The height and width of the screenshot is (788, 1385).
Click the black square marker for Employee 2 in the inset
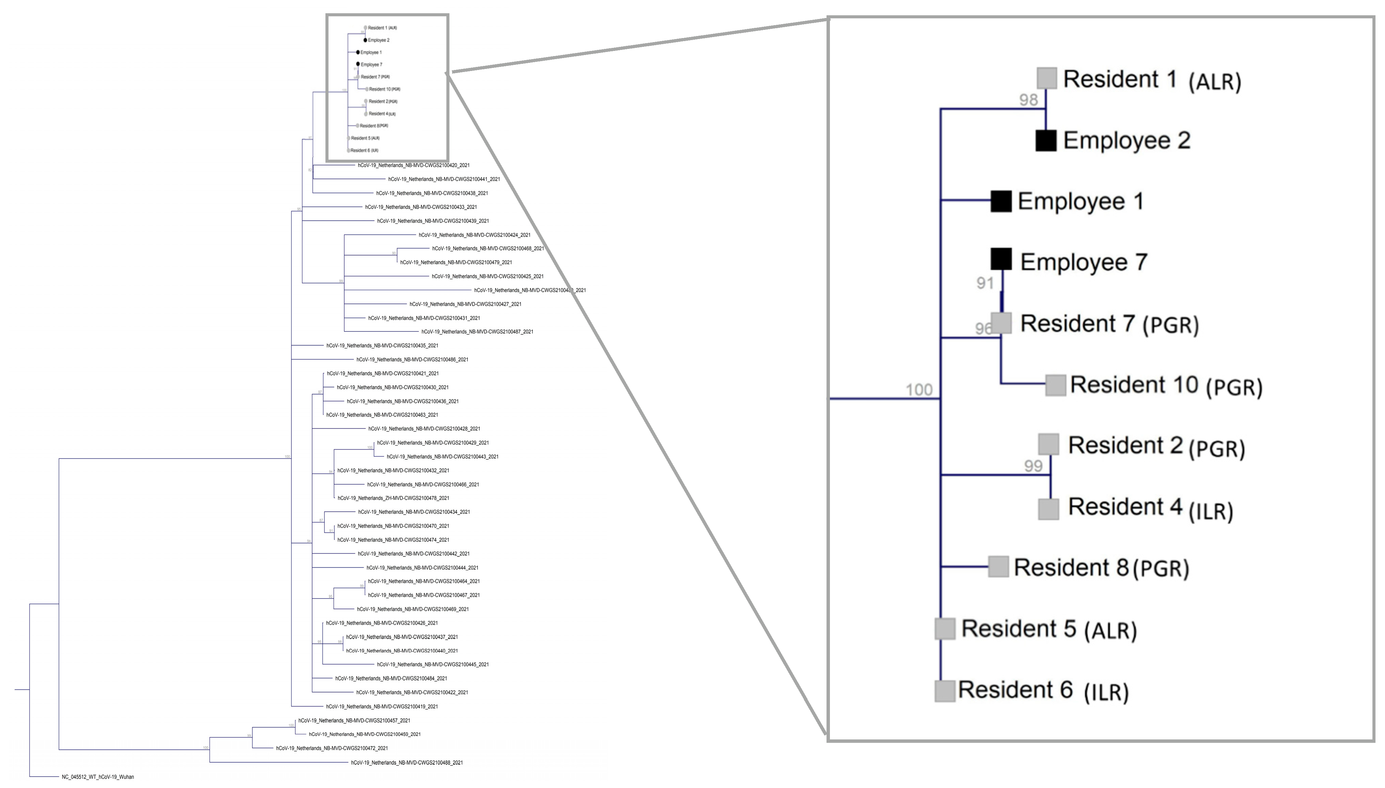[1046, 141]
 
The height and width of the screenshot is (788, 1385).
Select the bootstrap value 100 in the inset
[919, 390]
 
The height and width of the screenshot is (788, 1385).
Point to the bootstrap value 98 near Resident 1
[1028, 100]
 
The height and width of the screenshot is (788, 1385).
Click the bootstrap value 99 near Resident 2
[1033, 466]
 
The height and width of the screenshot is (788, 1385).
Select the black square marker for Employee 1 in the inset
[1001, 201]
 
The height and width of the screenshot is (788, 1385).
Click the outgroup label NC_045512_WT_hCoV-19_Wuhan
[98, 777]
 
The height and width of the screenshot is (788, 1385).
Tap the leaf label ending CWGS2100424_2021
[475, 235]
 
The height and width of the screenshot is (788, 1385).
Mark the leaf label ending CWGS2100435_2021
[382, 346]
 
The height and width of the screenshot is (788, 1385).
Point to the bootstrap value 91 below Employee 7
[985, 283]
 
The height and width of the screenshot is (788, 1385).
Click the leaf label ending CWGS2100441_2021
[444, 179]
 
